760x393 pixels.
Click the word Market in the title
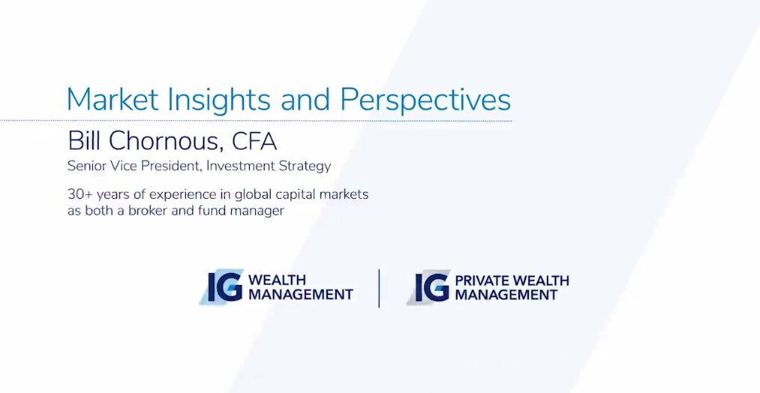pyautogui.click(x=113, y=99)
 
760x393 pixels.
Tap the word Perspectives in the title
pyautogui.click(x=425, y=100)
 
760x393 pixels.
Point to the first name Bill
pyautogui.click(x=84, y=141)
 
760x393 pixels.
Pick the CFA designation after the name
pyautogui.click(x=254, y=141)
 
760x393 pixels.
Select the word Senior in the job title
pyautogui.click(x=86, y=166)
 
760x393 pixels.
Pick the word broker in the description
pyautogui.click(x=146, y=211)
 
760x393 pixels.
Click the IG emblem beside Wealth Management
pyautogui.click(x=222, y=287)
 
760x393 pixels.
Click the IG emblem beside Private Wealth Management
pyautogui.click(x=429, y=287)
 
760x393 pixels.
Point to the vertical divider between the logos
pyautogui.click(x=379, y=288)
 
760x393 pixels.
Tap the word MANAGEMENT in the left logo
pyautogui.click(x=301, y=294)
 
